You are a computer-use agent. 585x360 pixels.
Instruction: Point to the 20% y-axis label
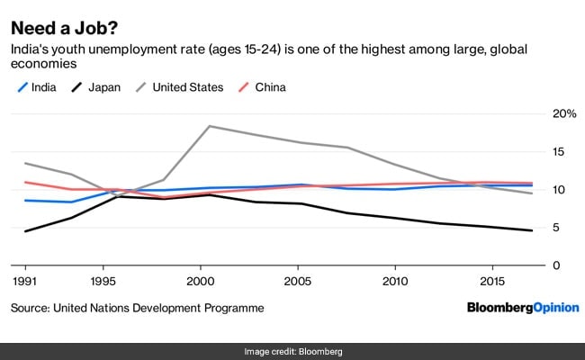click(562, 113)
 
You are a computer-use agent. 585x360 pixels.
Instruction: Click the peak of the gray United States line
click(210, 126)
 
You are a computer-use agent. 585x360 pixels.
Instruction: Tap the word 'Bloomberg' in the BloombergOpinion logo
click(496, 309)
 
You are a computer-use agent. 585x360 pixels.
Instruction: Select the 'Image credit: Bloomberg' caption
click(292, 351)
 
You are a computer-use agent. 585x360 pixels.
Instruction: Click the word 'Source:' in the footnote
click(31, 309)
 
